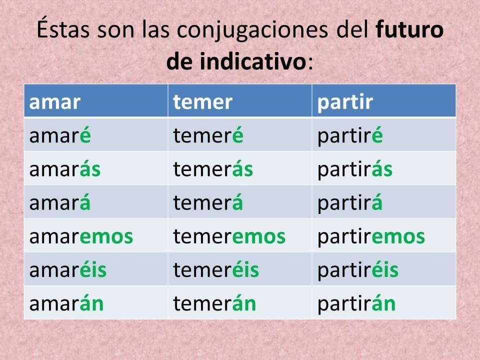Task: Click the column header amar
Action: pyautogui.click(x=55, y=102)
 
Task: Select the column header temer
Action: pyautogui.click(x=202, y=102)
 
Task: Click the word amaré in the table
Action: pyautogui.click(x=60, y=135)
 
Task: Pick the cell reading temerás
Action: pyautogui.click(x=213, y=169)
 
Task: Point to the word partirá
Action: pyautogui.click(x=350, y=202)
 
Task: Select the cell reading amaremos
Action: pyautogui.click(x=81, y=236)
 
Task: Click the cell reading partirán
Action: pyautogui.click(x=356, y=303)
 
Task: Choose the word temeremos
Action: pyautogui.click(x=229, y=236)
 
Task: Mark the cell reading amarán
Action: pyautogui.click(x=66, y=303)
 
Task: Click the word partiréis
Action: pyautogui.click(x=358, y=270)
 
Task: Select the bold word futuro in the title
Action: pyautogui.click(x=409, y=29)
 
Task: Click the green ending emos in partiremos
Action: pyautogui.click(x=398, y=236)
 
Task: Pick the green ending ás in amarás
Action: pyautogui.click(x=90, y=169)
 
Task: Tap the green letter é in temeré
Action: pyautogui.click(x=237, y=135)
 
